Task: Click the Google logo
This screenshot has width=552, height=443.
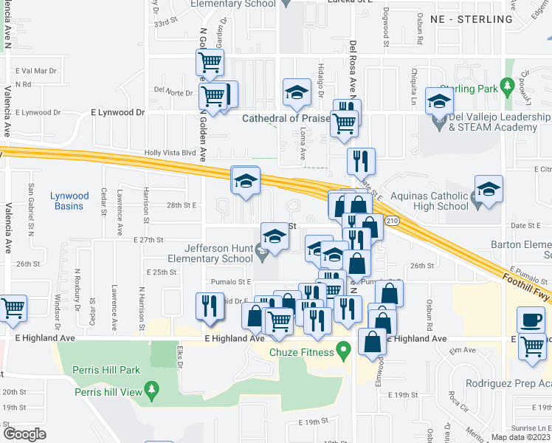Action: click(24, 434)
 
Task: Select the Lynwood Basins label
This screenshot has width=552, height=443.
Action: click(69, 201)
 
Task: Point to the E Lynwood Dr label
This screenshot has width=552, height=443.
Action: click(117, 112)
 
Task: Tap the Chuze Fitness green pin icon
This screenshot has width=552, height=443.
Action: click(342, 351)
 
